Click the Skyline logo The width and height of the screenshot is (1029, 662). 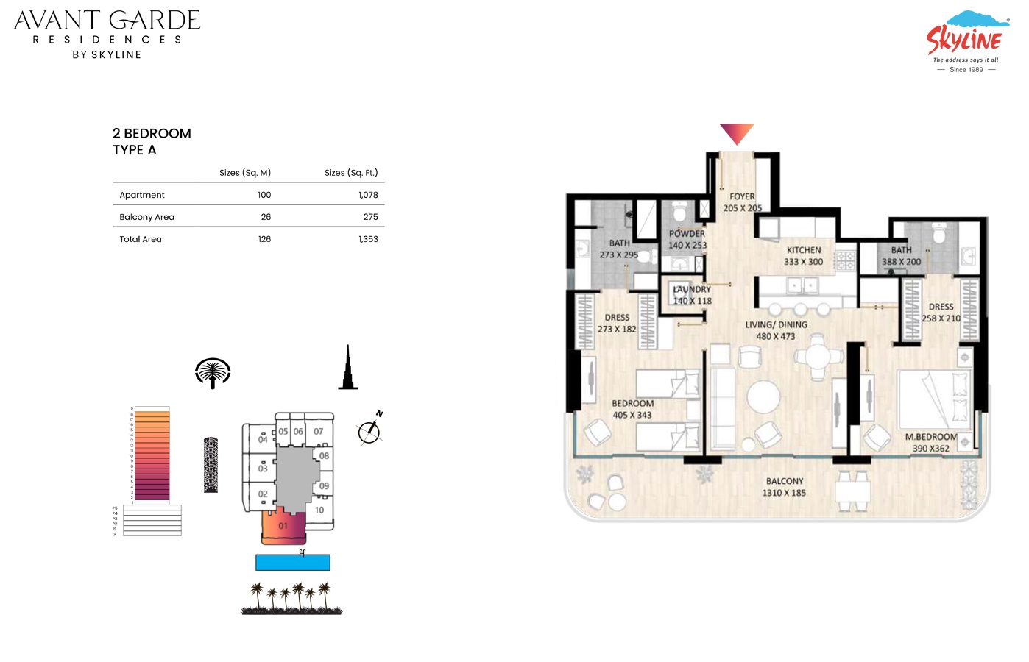click(x=965, y=41)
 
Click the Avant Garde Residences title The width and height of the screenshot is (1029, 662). click(x=107, y=34)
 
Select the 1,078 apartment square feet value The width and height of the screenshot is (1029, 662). click(x=368, y=195)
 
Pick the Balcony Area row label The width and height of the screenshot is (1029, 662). click(x=146, y=217)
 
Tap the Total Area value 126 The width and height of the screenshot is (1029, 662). click(x=264, y=239)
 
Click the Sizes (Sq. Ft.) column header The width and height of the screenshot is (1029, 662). click(x=351, y=173)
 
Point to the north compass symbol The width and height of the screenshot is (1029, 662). click(x=369, y=431)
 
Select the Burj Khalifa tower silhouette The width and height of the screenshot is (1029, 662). click(x=348, y=369)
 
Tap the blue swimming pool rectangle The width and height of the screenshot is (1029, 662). click(x=292, y=563)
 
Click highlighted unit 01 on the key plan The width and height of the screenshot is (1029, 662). click(x=283, y=527)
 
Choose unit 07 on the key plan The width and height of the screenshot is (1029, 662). click(x=318, y=432)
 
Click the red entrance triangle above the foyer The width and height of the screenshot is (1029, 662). click(x=736, y=133)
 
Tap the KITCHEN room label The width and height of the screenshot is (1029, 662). click(x=803, y=250)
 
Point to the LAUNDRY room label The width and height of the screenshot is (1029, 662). click(x=692, y=289)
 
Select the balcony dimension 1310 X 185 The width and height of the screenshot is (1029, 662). click(x=784, y=493)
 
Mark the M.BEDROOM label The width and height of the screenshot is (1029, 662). click(x=930, y=437)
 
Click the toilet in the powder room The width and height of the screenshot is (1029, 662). click(x=679, y=213)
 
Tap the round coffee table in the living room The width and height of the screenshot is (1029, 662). click(x=763, y=397)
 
